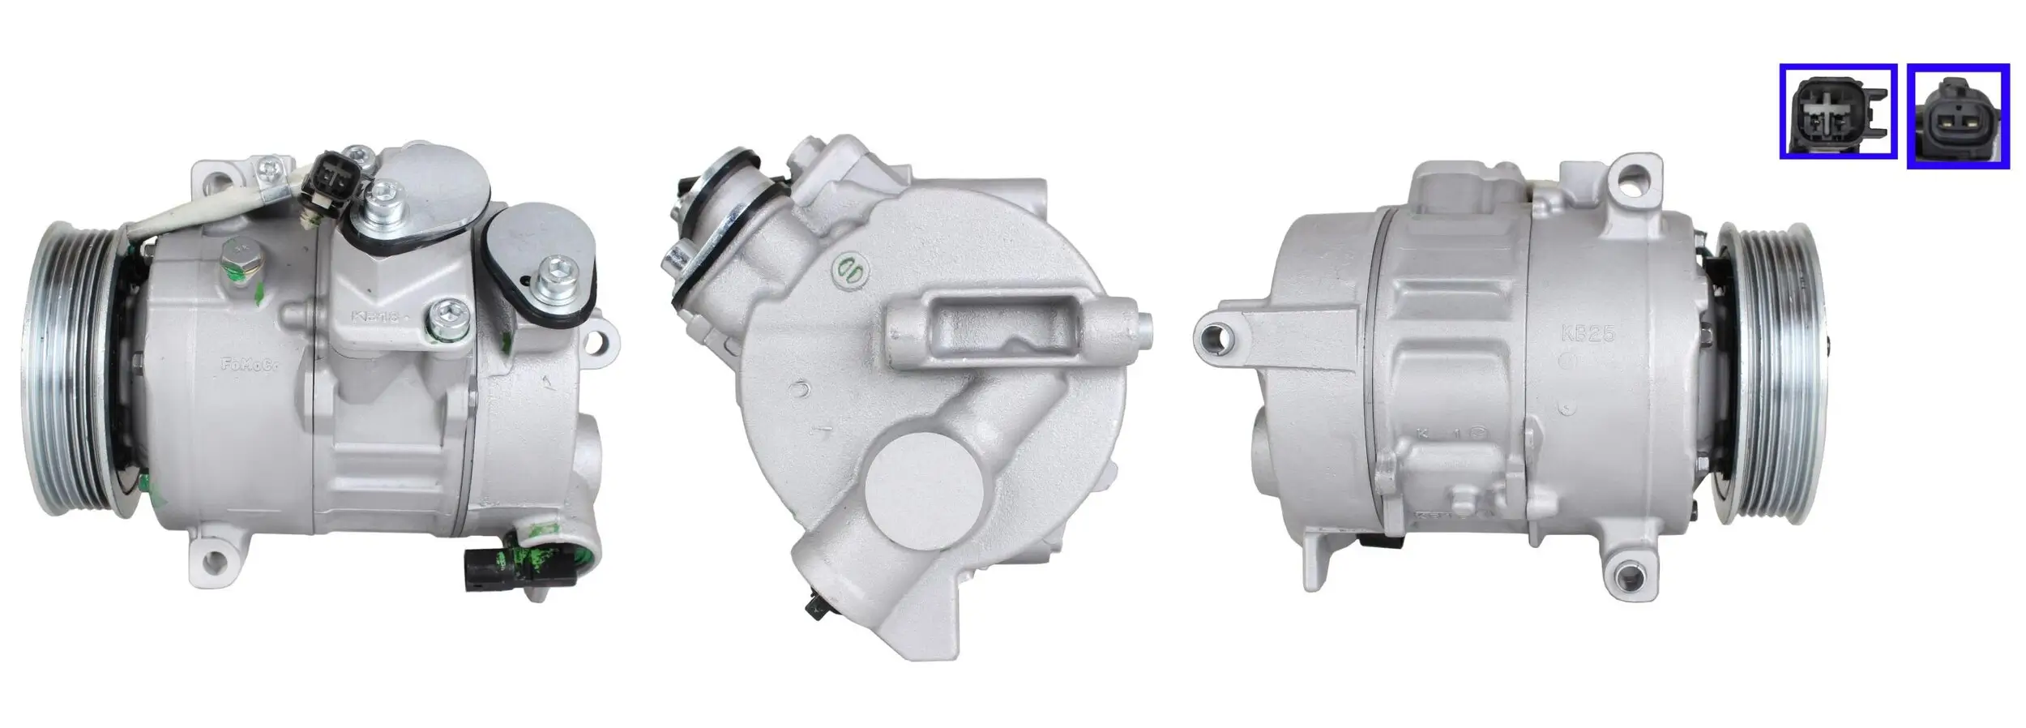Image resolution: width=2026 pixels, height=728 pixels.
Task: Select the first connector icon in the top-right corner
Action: click(1838, 122)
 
